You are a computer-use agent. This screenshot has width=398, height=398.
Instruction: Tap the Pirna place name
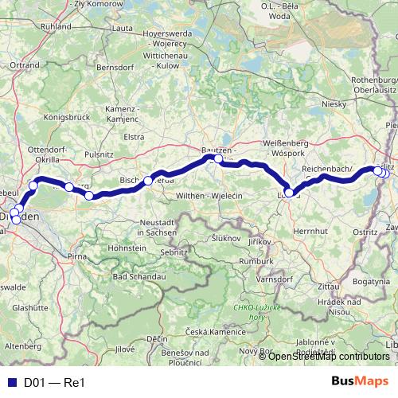[77, 258]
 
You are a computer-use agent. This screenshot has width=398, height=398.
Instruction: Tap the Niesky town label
[333, 103]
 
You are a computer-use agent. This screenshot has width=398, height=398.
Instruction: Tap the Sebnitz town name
[173, 252]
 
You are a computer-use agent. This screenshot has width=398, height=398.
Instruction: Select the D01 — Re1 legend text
[53, 382]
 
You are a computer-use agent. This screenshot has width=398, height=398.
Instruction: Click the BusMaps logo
[360, 381]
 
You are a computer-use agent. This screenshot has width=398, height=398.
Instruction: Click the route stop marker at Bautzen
[218, 159]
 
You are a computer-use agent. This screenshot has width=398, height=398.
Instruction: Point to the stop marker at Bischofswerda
[148, 181]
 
